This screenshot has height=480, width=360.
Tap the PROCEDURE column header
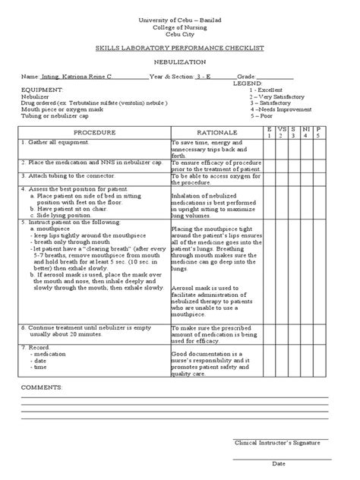click(x=95, y=133)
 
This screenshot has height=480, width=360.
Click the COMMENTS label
click(x=42, y=387)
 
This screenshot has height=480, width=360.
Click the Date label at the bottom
click(x=279, y=463)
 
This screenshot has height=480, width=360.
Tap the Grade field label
click(x=247, y=77)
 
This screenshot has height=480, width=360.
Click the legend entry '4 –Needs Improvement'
click(x=280, y=109)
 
